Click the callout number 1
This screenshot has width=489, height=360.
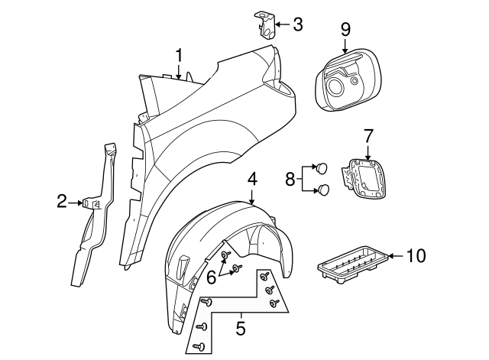pos(179,56)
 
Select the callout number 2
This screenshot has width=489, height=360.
pos(62,201)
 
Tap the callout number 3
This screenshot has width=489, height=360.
pos(298,24)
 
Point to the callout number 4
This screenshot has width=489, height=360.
pos(253,180)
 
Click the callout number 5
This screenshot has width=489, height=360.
pos(241,328)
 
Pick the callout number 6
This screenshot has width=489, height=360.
pos(212,277)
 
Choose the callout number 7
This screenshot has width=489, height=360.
pos(368,136)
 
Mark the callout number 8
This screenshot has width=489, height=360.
pos(290,179)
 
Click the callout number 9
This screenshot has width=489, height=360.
pos(345,30)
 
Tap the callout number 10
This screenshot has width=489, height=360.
pos(416,256)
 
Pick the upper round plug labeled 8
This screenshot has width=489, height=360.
pos(322,167)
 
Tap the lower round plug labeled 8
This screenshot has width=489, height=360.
pos(323,190)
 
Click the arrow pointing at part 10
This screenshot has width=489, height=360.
pos(397,256)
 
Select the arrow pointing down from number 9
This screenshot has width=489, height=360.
pos(345,46)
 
